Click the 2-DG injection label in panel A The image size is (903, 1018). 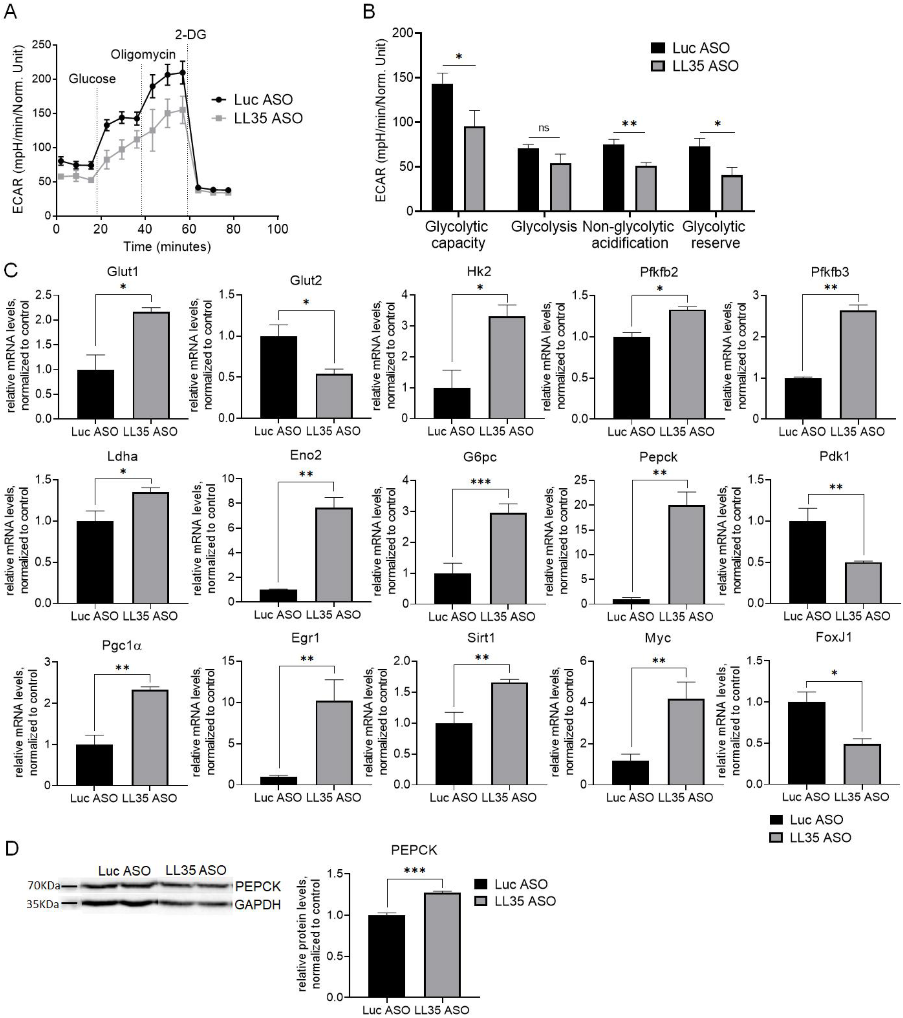(x=190, y=35)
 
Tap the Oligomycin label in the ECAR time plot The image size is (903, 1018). (x=143, y=54)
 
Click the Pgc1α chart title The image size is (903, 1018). (x=122, y=646)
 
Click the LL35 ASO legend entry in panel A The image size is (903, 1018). (x=268, y=118)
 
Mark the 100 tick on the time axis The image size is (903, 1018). (x=277, y=229)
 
